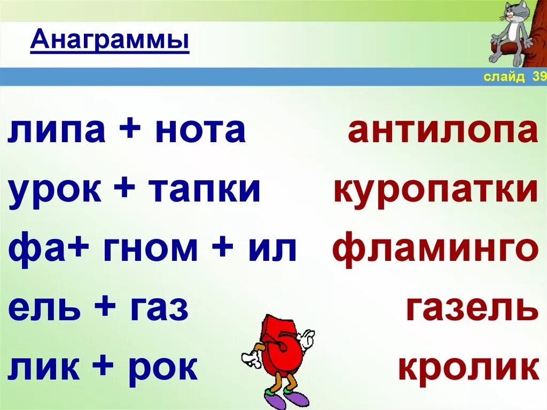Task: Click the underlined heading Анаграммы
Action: coord(110,41)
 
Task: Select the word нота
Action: coord(200,131)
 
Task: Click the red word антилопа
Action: coord(443,131)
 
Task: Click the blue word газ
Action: coord(158,309)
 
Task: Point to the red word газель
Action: coord(472,309)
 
